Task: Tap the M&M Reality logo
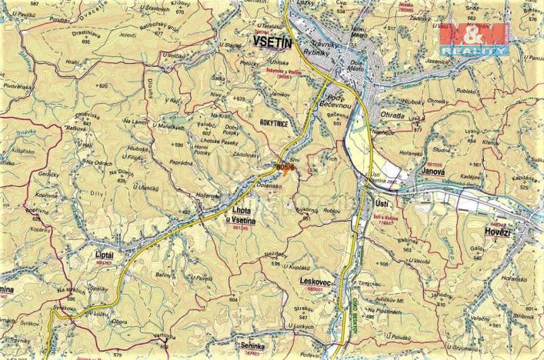(472, 36)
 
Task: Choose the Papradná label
(182, 162)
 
